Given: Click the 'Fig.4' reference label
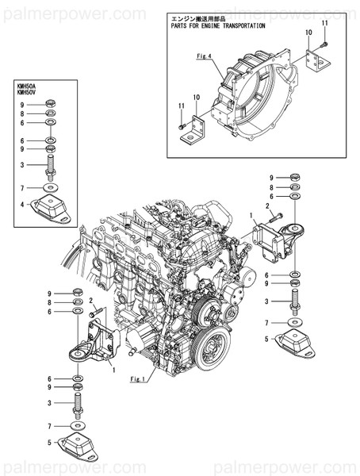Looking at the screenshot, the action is [x=204, y=56].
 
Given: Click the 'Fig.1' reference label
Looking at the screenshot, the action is [x=138, y=379].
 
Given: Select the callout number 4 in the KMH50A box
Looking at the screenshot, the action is [x=22, y=205].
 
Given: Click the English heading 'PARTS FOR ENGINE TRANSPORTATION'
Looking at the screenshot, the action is [x=218, y=26].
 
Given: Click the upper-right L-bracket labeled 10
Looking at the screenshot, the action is [x=317, y=63].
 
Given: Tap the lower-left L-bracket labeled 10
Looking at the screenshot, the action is [x=193, y=130].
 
